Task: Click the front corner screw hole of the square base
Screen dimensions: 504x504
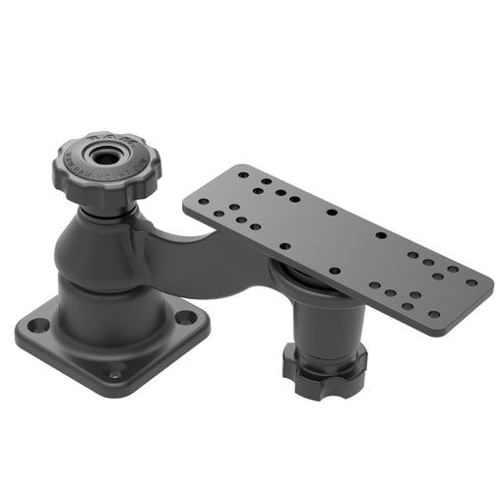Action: point(116,371)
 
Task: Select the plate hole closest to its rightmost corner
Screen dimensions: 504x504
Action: point(472,282)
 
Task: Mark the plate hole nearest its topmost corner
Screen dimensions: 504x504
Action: point(242,173)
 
